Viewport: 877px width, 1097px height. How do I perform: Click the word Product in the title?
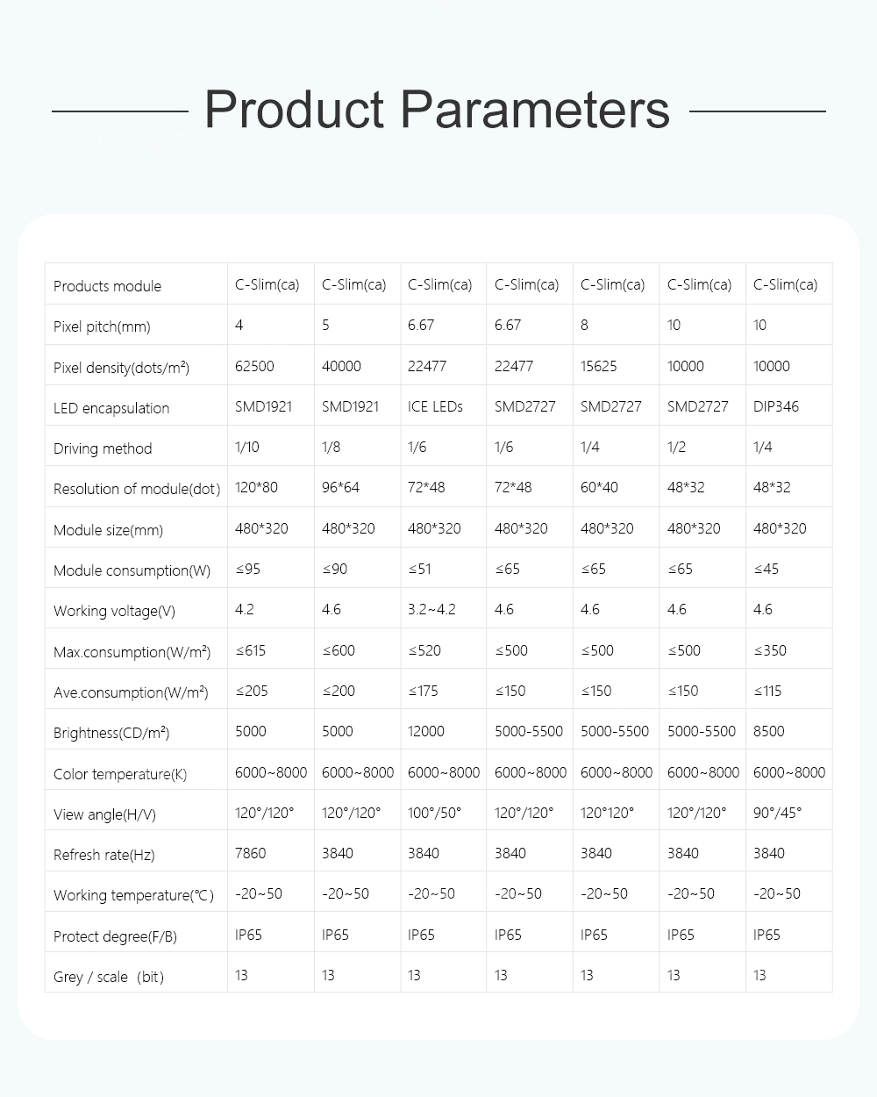pyautogui.click(x=294, y=111)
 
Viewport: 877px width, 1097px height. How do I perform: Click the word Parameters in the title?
pyautogui.click(x=535, y=111)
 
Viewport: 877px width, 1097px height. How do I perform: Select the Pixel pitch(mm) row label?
pyautogui.click(x=102, y=327)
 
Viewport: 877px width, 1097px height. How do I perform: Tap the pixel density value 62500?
pyautogui.click(x=254, y=366)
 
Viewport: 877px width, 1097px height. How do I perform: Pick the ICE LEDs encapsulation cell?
pyautogui.click(x=435, y=406)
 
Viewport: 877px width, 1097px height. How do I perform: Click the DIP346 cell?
pyautogui.click(x=776, y=406)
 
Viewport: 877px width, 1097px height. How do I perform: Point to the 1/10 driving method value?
pyautogui.click(x=247, y=447)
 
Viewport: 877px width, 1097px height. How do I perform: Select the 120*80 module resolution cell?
pyautogui.click(x=255, y=487)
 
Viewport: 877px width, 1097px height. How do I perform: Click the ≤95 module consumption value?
pyautogui.click(x=248, y=569)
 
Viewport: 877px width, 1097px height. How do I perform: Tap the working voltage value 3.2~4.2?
pyautogui.click(x=431, y=609)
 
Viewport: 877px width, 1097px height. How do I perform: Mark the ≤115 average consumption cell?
pyautogui.click(x=769, y=691)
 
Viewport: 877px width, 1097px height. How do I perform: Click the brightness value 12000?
pyautogui.click(x=426, y=731)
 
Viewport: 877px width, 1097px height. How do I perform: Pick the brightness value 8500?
pyautogui.click(x=769, y=731)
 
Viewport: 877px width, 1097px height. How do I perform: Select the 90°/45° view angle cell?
pyautogui.click(x=777, y=813)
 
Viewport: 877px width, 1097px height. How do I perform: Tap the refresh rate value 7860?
pyautogui.click(x=251, y=853)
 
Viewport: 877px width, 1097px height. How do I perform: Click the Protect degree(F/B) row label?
pyautogui.click(x=115, y=936)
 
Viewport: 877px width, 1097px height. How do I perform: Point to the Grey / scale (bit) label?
pyautogui.click(x=109, y=977)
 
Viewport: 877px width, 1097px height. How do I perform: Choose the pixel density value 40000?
pyautogui.click(x=341, y=366)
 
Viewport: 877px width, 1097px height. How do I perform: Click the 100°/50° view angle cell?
pyautogui.click(x=434, y=813)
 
